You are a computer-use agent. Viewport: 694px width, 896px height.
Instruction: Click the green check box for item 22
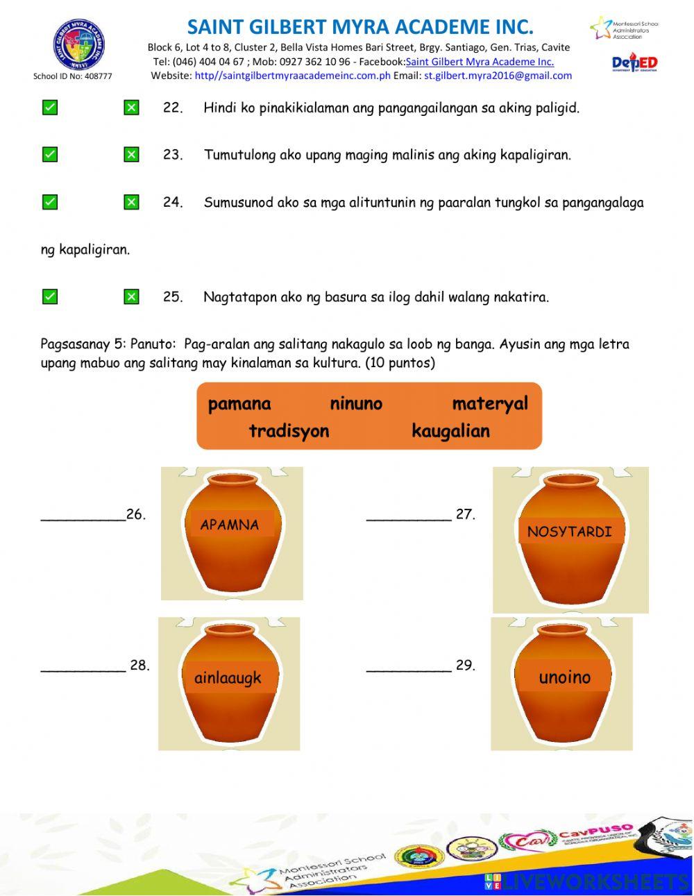50,108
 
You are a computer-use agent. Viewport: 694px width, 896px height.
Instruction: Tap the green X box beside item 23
131,155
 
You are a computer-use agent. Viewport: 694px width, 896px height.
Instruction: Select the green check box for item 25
50,297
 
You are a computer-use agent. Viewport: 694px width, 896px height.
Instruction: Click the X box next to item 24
131,203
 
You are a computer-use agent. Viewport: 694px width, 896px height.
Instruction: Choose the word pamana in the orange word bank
239,404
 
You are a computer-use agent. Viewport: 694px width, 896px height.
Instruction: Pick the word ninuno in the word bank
356,404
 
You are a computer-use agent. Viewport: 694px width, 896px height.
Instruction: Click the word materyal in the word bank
490,404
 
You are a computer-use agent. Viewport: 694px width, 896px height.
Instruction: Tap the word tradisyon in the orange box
289,431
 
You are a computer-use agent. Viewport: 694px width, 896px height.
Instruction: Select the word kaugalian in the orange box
450,431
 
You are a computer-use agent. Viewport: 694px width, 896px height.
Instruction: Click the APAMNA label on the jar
230,525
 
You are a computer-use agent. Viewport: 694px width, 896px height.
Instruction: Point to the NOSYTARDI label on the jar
569,532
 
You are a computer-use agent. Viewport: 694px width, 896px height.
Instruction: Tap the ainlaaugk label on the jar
228,677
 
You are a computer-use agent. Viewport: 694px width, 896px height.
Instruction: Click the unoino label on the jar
565,677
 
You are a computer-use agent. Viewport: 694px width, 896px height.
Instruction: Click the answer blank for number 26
83,515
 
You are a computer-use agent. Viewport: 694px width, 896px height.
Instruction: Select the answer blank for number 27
409,515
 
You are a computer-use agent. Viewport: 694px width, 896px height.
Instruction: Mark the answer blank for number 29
409,666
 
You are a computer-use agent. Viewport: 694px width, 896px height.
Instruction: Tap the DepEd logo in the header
634,64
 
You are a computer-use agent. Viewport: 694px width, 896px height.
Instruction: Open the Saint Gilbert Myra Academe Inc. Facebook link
480,62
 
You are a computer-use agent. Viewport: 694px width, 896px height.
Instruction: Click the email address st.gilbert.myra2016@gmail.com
498,76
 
